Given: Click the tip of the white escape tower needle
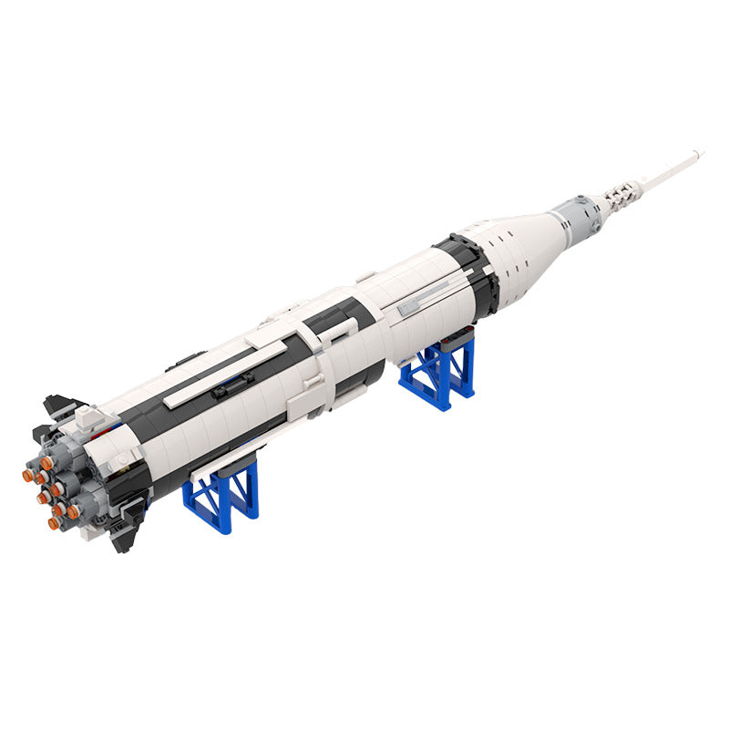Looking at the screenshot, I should click(699, 152).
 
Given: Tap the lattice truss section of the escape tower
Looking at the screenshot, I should click(624, 190).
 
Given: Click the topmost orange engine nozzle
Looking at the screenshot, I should click(46, 464).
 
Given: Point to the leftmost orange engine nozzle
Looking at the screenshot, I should click(27, 475).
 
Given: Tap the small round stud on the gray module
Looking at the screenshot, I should click(580, 201).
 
